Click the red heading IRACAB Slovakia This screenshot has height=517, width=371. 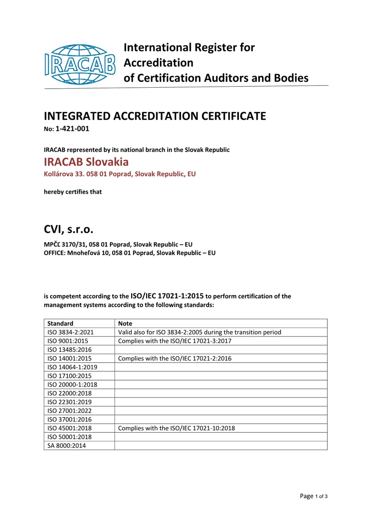86,162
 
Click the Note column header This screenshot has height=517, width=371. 126,323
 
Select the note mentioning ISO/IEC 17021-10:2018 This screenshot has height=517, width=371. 177,428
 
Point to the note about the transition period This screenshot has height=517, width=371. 200,332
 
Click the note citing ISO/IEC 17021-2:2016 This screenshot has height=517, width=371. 175,358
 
